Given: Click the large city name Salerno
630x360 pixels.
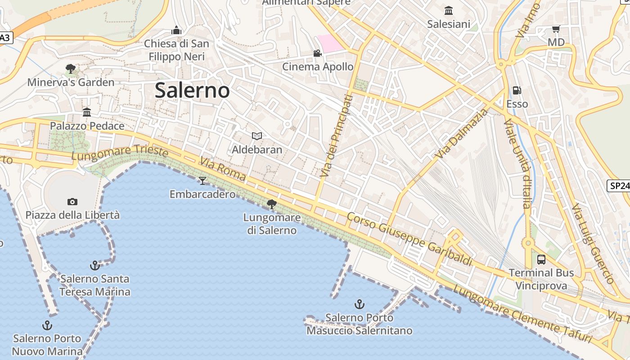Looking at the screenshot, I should click(192, 90).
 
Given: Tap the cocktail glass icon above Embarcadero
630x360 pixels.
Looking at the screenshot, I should click(202, 181).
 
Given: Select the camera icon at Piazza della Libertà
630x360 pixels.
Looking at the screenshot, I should click(72, 202).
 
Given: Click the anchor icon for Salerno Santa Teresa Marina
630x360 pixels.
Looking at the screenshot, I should click(94, 265).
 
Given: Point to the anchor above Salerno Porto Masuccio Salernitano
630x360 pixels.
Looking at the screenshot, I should click(359, 304).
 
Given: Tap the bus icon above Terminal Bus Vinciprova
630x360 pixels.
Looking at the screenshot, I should click(541, 259).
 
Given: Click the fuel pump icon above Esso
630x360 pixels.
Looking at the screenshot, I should click(517, 90).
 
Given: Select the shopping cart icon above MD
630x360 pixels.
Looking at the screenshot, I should click(556, 29).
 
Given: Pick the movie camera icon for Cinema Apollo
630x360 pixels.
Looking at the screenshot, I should click(318, 53).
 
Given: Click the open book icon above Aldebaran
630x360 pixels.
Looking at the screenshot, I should click(257, 136).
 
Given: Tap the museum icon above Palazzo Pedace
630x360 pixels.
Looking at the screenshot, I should click(87, 112).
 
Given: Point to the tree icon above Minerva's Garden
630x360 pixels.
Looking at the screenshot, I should click(71, 69).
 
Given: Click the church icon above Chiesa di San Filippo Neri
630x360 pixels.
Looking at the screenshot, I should click(176, 30).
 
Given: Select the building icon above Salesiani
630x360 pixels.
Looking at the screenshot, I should click(449, 10).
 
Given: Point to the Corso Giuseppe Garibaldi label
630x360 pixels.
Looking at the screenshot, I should click(409, 239).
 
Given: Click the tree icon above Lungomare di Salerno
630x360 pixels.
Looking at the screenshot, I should click(272, 204).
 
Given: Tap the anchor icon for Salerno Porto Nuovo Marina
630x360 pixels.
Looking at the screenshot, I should click(47, 325).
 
